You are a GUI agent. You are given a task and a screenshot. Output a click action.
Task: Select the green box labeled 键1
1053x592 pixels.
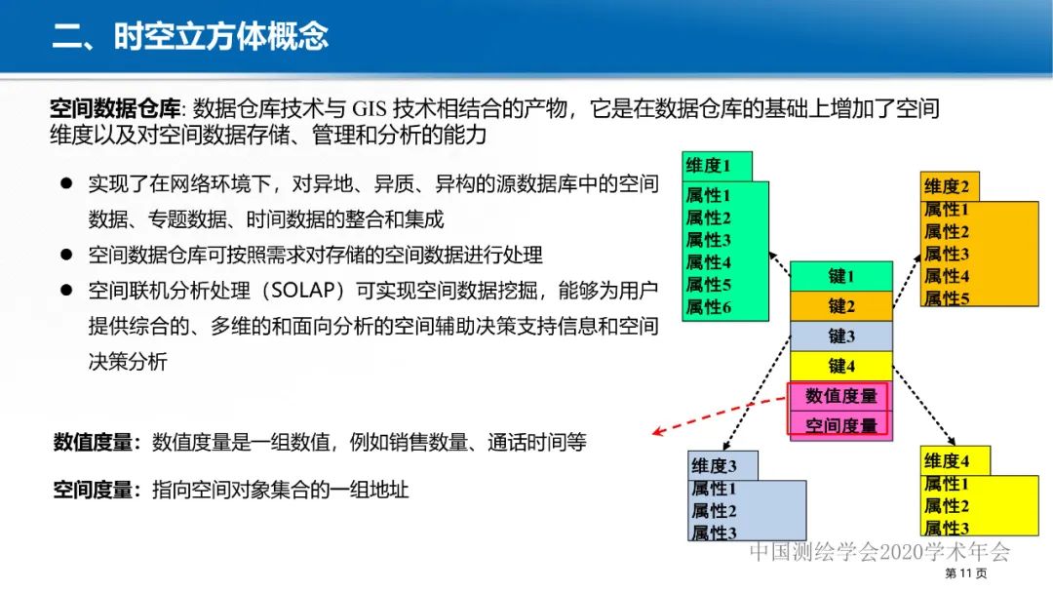click(840, 277)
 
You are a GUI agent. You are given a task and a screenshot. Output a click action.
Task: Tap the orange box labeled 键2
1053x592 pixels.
click(840, 306)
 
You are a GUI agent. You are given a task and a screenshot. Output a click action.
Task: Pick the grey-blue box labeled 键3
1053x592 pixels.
click(840, 336)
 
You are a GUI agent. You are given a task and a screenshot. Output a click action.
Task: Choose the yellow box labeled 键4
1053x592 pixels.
click(840, 367)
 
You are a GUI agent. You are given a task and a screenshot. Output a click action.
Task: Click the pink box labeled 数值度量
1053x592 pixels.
click(840, 396)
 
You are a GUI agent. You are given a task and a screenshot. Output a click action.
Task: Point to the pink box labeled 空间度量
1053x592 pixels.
click(840, 425)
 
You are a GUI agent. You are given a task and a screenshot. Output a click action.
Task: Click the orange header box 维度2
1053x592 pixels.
click(949, 186)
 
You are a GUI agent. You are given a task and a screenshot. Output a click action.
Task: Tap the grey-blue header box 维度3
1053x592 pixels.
click(722, 465)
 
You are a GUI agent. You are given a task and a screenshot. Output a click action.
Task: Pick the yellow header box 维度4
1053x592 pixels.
click(955, 460)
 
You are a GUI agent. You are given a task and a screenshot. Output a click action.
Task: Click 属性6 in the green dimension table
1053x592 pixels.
click(709, 307)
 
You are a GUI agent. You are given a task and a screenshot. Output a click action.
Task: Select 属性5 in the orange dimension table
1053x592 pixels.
click(947, 298)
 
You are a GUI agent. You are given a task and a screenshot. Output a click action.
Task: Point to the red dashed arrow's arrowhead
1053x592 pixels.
click(659, 433)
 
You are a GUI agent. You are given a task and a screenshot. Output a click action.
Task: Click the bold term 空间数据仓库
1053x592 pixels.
click(115, 108)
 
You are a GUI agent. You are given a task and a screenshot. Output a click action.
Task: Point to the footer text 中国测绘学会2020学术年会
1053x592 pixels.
click(879, 552)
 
